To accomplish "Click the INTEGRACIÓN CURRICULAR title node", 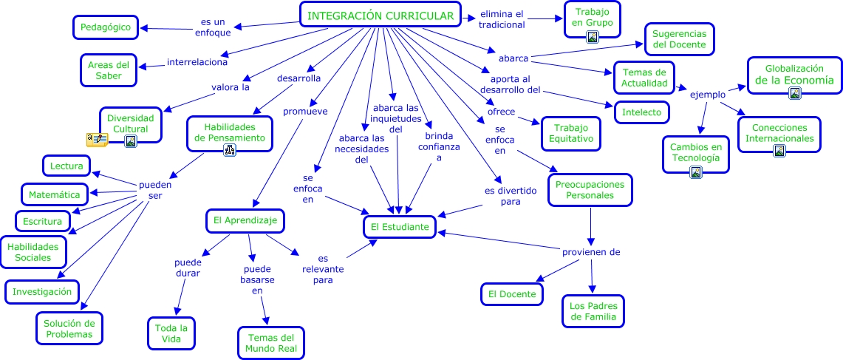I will (380, 16).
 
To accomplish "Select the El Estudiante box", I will (400, 227).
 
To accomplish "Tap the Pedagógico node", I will (106, 27).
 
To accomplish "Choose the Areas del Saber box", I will (109, 70).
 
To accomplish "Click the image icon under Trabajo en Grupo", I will (592, 38).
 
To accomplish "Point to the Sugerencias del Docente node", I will (679, 39).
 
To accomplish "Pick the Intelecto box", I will (642, 112).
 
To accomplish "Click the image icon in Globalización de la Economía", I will (794, 93).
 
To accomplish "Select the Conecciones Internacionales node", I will (779, 133).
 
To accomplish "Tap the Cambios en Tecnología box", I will (694, 152).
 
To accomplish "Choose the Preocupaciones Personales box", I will (590, 190).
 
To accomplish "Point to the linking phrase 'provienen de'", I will (590, 252).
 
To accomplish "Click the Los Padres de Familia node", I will (593, 311).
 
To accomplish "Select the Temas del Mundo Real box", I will (271, 344).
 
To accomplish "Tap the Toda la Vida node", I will (172, 333).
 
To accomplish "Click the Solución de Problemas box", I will (69, 328).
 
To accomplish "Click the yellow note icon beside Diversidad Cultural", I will (97, 139).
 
